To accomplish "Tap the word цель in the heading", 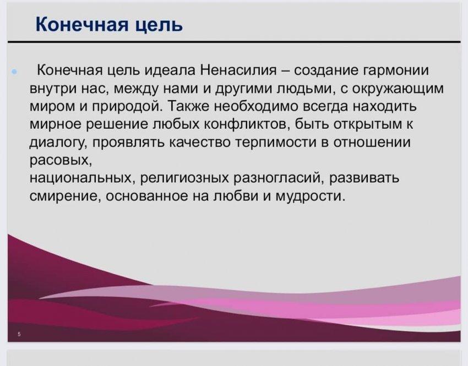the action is (159, 24).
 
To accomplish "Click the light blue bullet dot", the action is (14, 72).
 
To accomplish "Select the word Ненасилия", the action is (239, 70).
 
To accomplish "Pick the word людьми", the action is (303, 89).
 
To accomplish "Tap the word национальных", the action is (81, 178).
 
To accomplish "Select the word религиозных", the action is (185, 178).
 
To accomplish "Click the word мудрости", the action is (310, 196).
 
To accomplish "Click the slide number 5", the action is (19, 334).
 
